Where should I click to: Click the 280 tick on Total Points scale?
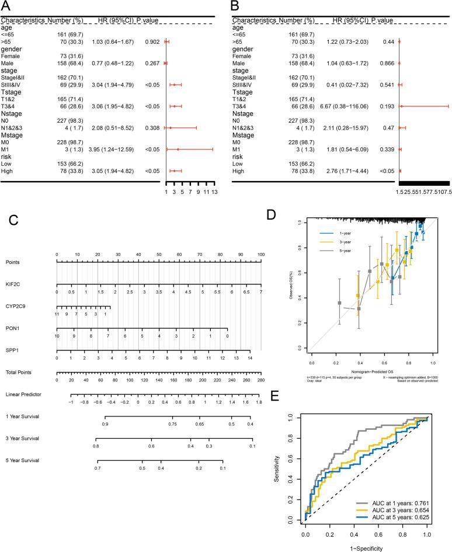click(x=260, y=380)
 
